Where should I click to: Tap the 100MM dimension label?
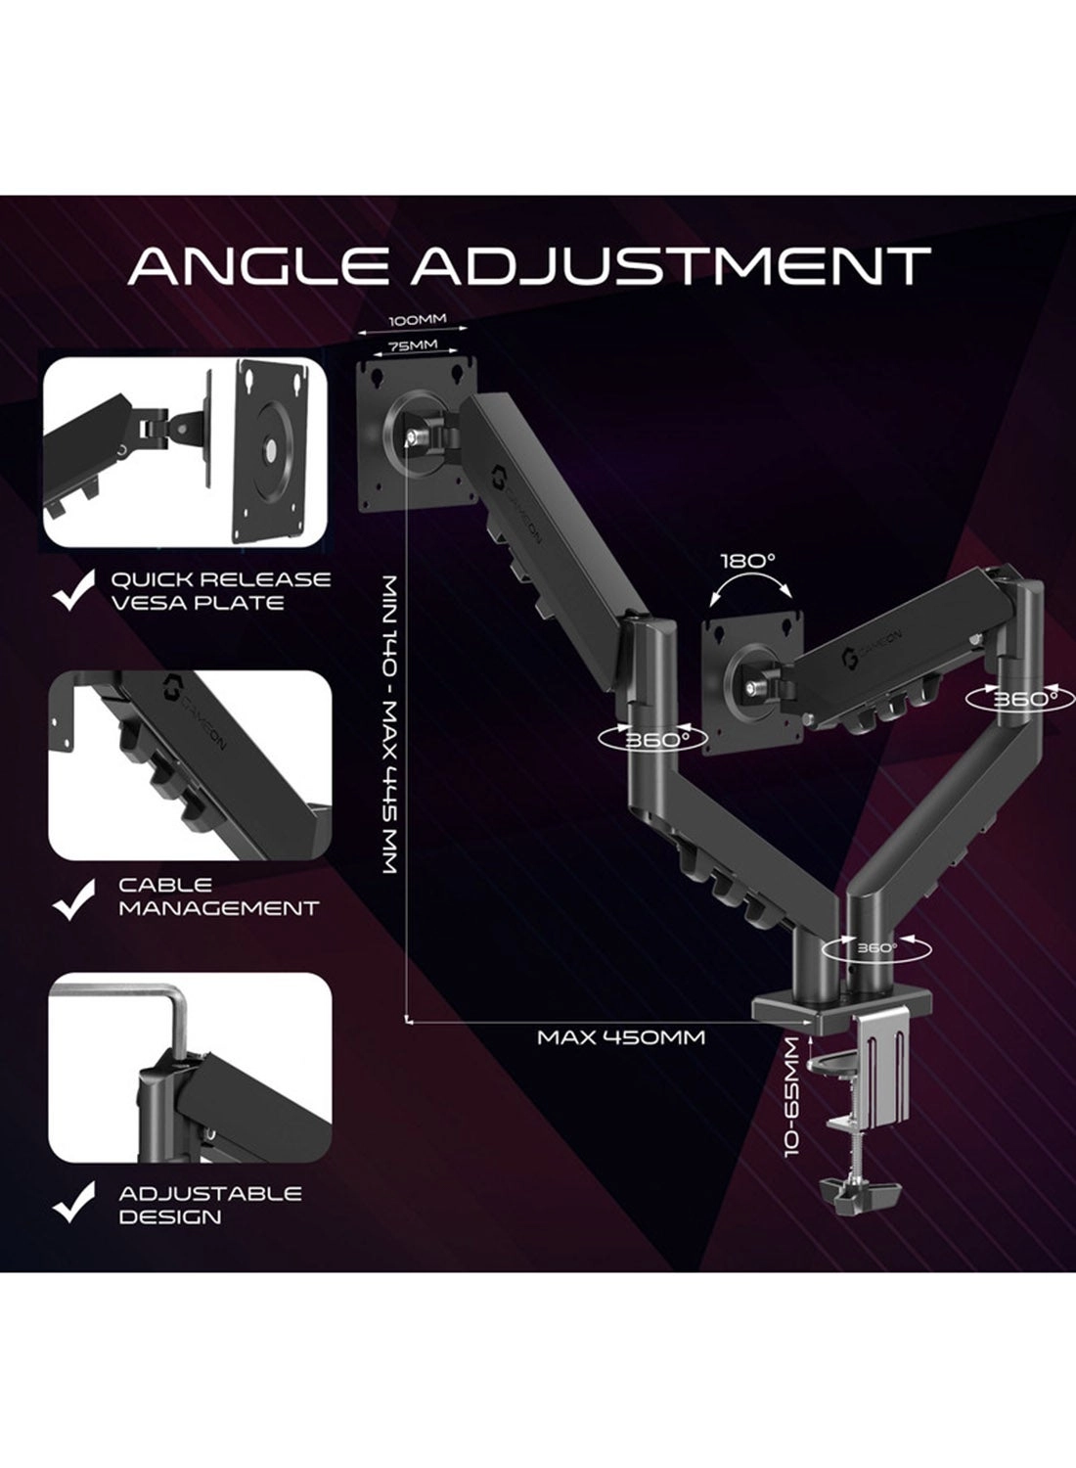click(x=417, y=320)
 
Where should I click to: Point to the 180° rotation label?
click(x=747, y=562)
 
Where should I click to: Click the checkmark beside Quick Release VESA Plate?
click(x=73, y=590)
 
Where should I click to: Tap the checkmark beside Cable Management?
click(x=73, y=899)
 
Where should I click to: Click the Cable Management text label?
click(x=218, y=897)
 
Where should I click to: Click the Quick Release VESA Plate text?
click(x=221, y=590)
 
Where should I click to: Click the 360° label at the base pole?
click(x=876, y=947)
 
